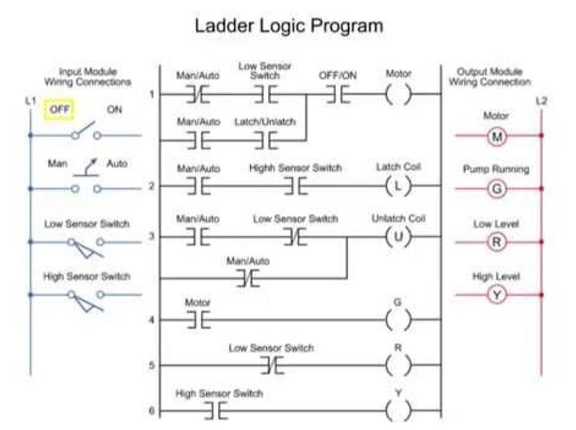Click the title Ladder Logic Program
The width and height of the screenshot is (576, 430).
tap(289, 26)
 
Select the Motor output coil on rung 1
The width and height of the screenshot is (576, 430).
tap(399, 94)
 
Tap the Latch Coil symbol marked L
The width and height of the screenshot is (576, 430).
tap(398, 187)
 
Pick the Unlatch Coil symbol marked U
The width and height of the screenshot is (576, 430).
tap(398, 237)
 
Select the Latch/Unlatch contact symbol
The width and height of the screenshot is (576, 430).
tap(265, 141)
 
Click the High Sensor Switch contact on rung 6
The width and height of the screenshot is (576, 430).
tap(216, 411)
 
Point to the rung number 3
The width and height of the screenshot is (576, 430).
tap(151, 237)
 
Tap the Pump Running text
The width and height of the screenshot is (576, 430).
tap(496, 169)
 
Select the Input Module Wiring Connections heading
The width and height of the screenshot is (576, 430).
tap(88, 77)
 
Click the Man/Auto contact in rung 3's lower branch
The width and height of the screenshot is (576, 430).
tap(248, 278)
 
